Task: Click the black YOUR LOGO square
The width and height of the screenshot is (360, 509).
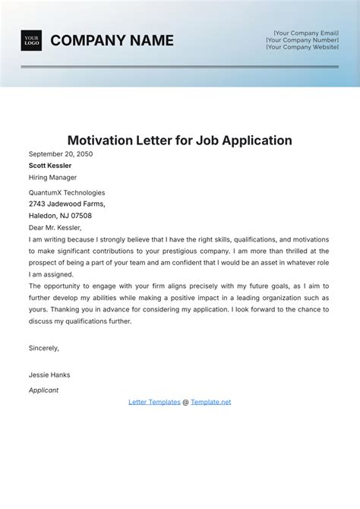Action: click(x=31, y=40)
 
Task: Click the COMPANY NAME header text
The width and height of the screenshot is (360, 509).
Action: click(x=112, y=40)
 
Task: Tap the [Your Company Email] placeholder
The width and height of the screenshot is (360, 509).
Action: click(x=306, y=33)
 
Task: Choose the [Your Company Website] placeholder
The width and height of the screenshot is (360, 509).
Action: click(x=302, y=46)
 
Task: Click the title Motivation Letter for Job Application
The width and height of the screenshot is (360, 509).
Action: click(x=180, y=141)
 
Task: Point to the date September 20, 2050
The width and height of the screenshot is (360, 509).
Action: click(x=62, y=153)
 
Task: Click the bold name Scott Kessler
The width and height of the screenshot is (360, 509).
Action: click(x=50, y=165)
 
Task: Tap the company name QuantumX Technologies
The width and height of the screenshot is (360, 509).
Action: click(x=67, y=192)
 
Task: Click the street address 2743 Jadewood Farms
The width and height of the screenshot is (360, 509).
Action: click(x=67, y=204)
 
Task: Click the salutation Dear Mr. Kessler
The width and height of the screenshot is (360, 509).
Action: click(x=55, y=227)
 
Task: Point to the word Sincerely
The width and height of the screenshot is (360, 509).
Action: click(x=44, y=348)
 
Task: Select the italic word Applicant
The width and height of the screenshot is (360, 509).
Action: click(x=43, y=390)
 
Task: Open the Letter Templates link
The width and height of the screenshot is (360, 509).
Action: click(x=154, y=402)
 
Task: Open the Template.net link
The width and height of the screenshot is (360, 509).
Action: click(x=211, y=402)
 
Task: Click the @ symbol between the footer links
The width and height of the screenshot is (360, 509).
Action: click(x=185, y=402)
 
